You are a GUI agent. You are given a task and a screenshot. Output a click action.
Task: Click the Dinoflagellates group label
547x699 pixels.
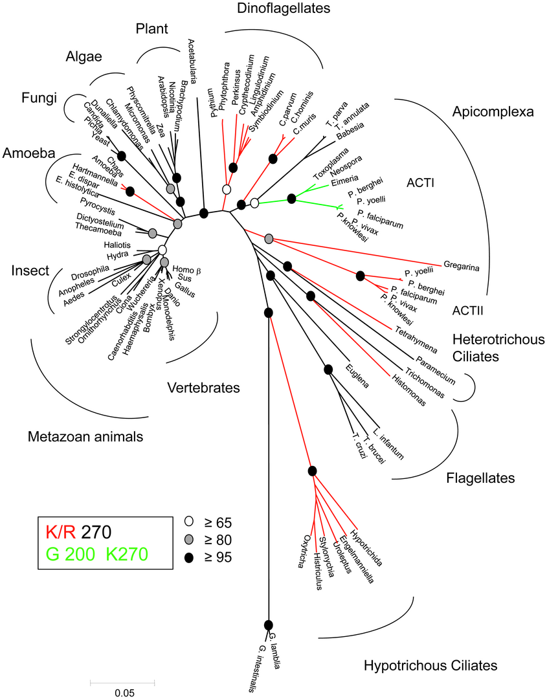(x=274, y=8)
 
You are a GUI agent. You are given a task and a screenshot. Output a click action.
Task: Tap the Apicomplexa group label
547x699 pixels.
(x=493, y=111)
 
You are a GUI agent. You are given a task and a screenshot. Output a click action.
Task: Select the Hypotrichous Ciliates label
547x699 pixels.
(x=430, y=665)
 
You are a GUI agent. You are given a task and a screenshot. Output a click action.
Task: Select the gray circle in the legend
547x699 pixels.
(x=190, y=539)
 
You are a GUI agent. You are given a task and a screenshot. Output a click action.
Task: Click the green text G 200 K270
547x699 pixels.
(x=97, y=554)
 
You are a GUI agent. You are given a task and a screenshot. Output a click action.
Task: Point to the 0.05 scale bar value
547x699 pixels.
(x=122, y=692)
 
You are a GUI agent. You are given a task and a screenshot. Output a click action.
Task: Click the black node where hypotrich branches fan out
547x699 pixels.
(x=312, y=471)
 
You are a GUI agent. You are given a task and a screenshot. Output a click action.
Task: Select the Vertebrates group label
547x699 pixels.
(x=203, y=388)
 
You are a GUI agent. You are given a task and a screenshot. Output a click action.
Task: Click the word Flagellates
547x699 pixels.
(x=480, y=478)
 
